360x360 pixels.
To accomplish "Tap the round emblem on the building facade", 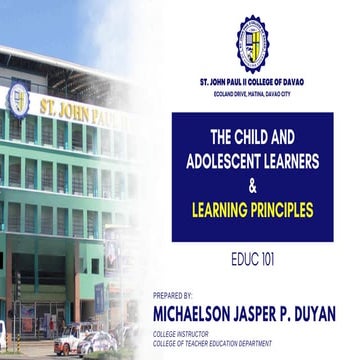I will pyautogui.click(x=18, y=99).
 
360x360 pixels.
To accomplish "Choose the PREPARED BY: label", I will pyautogui.click(x=174, y=296).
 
